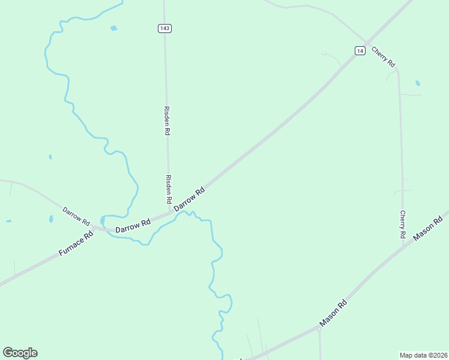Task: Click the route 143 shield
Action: pyautogui.click(x=165, y=28)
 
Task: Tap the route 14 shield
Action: pyautogui.click(x=360, y=51)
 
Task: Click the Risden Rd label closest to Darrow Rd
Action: pyautogui.click(x=169, y=189)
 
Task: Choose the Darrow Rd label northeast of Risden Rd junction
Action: pyautogui.click(x=190, y=199)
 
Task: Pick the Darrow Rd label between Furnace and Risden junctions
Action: pyautogui.click(x=133, y=226)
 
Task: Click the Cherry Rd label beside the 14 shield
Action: pyautogui.click(x=383, y=56)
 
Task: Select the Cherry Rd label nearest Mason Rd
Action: pyautogui.click(x=403, y=223)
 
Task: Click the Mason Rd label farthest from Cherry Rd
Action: pyautogui.click(x=334, y=313)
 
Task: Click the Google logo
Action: pyautogui.click(x=20, y=353)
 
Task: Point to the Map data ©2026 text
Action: pyautogui.click(x=423, y=355)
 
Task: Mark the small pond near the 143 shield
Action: pyautogui.click(x=113, y=28)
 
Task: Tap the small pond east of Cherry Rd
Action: pyautogui.click(x=418, y=83)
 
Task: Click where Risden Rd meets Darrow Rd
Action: pyautogui.click(x=169, y=212)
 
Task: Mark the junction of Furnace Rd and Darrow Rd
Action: pyautogui.click(x=94, y=229)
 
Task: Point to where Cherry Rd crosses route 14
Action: pyautogui.click(x=367, y=43)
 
